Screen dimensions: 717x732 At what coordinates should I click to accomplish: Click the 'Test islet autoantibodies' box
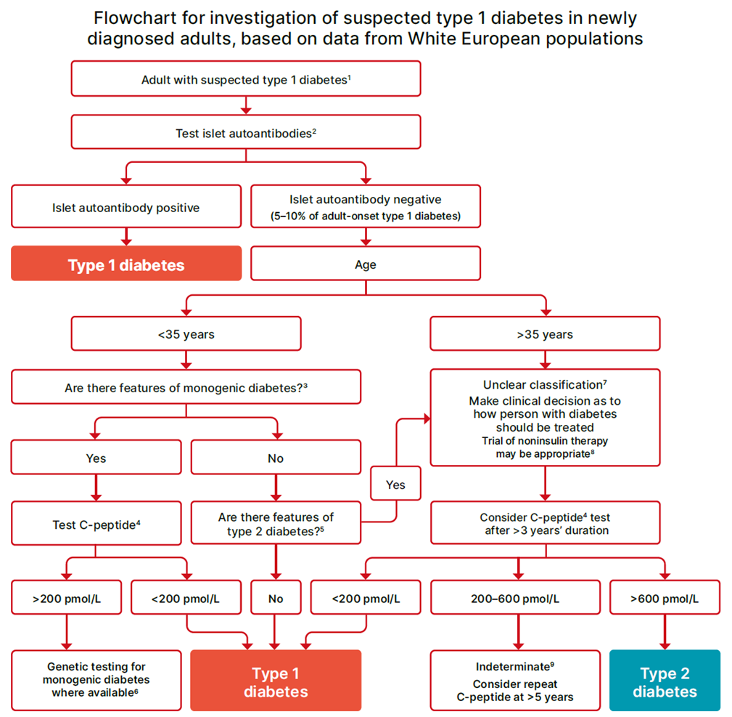coord(245,134)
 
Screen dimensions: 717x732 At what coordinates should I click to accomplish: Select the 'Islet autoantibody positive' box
coord(126,208)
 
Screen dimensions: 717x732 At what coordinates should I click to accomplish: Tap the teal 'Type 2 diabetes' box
coord(665,681)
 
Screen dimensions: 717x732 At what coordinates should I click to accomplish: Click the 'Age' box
coord(365,264)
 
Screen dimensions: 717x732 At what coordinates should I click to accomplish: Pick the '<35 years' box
coord(186,334)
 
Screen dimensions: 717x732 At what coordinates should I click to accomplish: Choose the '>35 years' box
coord(545,334)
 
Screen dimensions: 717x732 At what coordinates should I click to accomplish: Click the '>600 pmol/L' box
coord(665,598)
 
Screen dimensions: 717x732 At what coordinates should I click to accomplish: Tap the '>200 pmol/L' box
coord(66,598)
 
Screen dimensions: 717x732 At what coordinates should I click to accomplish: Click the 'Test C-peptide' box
coord(96,523)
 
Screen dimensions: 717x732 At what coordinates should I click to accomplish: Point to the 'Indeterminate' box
coord(515,681)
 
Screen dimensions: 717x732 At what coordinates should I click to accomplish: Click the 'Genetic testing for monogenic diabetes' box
coord(96,680)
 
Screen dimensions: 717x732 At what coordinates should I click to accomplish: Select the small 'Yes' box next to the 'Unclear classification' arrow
coord(395,485)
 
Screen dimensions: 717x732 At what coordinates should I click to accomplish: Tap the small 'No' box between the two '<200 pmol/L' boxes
coord(275,598)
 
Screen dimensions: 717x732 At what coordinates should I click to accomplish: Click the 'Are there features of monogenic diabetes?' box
coord(186,387)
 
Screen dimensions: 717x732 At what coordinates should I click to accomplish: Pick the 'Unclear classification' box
coord(545,417)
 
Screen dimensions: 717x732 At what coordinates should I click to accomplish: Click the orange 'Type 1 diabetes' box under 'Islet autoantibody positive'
coord(126,264)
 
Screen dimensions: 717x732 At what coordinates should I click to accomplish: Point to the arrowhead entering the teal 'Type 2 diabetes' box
coord(665,645)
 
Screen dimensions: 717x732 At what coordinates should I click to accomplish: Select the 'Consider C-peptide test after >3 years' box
coord(545,524)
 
